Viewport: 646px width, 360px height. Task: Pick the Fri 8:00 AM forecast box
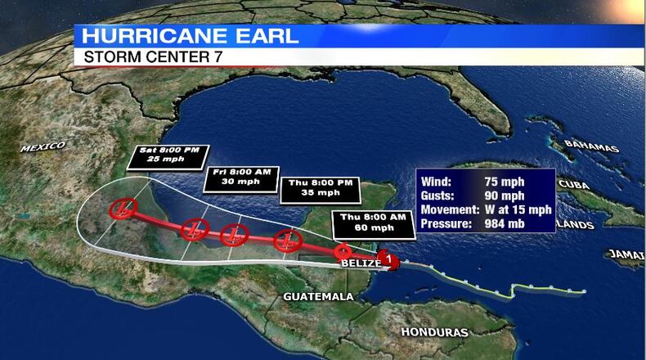(x=236, y=177)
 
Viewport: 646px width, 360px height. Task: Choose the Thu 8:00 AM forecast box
(x=373, y=221)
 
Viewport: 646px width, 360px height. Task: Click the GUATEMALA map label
(x=318, y=295)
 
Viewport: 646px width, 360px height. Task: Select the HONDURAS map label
(x=434, y=332)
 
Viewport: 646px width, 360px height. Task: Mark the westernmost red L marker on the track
(x=123, y=209)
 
